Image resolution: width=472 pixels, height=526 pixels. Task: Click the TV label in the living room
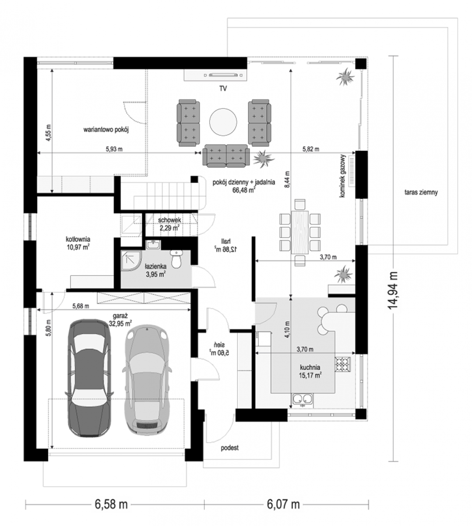pyautogui.click(x=223, y=89)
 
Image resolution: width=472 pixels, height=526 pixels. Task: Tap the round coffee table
pyautogui.click(x=223, y=122)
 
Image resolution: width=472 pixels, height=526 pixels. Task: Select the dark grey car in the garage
pyautogui.click(x=89, y=378)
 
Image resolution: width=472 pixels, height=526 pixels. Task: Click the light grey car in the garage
pyautogui.click(x=147, y=380)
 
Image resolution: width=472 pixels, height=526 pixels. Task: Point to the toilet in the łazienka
pyautogui.click(x=176, y=259)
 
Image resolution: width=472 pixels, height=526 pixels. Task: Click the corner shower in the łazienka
pyautogui.click(x=131, y=260)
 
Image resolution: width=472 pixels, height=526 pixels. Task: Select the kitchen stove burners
pyautogui.click(x=343, y=364)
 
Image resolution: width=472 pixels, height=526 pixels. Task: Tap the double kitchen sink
pyautogui.click(x=303, y=400)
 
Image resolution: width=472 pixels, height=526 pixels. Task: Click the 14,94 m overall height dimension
pyautogui.click(x=393, y=290)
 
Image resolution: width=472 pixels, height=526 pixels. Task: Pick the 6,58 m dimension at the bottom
pyautogui.click(x=111, y=505)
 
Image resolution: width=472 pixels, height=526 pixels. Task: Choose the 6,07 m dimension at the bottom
pyautogui.click(x=283, y=505)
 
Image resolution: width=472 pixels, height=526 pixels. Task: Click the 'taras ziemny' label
pyautogui.click(x=421, y=192)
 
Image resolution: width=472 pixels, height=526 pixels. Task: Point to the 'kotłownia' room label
pyautogui.click(x=78, y=239)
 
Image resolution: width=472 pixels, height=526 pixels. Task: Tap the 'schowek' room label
pyautogui.click(x=169, y=220)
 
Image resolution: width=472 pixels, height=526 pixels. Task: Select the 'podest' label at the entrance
pyautogui.click(x=230, y=448)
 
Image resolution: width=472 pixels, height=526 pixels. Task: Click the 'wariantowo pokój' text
pyautogui.click(x=106, y=130)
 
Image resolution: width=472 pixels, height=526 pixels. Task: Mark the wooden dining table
pyautogui.click(x=300, y=232)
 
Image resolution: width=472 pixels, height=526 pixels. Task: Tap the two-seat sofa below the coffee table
pyautogui.click(x=226, y=156)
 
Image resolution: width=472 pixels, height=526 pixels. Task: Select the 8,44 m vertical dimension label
pyautogui.click(x=287, y=179)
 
